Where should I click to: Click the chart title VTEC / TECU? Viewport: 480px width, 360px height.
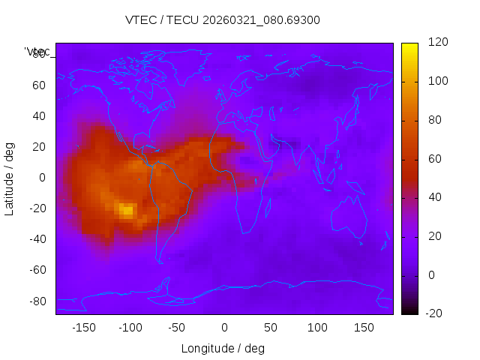tap(223, 20)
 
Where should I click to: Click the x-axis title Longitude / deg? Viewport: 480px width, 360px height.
tap(223, 349)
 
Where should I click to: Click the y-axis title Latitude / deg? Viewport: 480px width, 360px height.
tap(10, 178)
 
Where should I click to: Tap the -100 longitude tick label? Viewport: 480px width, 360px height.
tap(130, 328)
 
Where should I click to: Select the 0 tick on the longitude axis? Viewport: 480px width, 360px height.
tap(224, 328)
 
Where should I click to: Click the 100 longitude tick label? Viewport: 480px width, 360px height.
tap(317, 328)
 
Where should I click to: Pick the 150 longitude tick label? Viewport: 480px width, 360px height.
tap(364, 328)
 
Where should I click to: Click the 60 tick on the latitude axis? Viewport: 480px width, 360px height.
tap(38, 85)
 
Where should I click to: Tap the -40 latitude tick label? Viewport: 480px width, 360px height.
tap(36, 239)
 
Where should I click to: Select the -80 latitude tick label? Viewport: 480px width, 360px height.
tap(36, 301)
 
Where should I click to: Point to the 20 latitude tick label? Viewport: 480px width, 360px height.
tap(38, 147)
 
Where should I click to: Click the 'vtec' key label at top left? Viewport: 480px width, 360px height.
tap(37, 52)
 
